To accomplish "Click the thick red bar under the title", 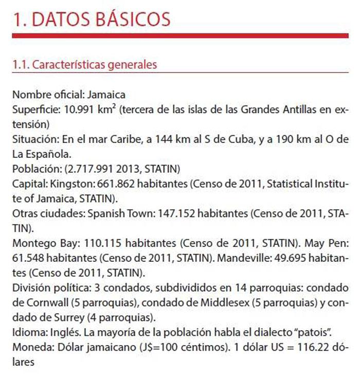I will coord(180,35).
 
